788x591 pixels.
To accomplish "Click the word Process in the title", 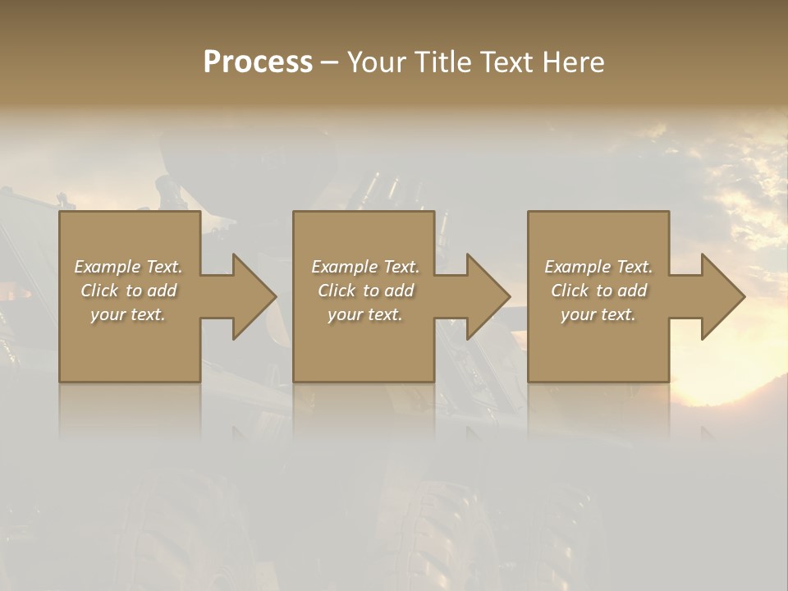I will pyautogui.click(x=258, y=62).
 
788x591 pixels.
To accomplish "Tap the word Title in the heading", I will pyautogui.click(x=442, y=62).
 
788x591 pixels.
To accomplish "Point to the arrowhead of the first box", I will pyautogui.click(x=254, y=296).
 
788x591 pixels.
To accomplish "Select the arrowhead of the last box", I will pyautogui.click(x=722, y=296).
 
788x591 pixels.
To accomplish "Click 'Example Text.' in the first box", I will pyautogui.click(x=128, y=267).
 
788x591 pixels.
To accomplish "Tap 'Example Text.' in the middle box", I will pyautogui.click(x=365, y=267).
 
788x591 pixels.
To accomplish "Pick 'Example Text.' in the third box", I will pyautogui.click(x=598, y=267).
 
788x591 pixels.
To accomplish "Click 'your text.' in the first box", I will pyautogui.click(x=128, y=314).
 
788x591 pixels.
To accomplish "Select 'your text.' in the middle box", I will pyautogui.click(x=365, y=314).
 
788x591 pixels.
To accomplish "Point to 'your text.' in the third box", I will pyautogui.click(x=598, y=314).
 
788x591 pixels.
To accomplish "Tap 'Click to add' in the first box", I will pyautogui.click(x=128, y=291).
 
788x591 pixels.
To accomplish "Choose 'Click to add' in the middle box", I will pyautogui.click(x=365, y=291).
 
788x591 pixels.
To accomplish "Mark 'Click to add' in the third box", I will pyautogui.click(x=598, y=291).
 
